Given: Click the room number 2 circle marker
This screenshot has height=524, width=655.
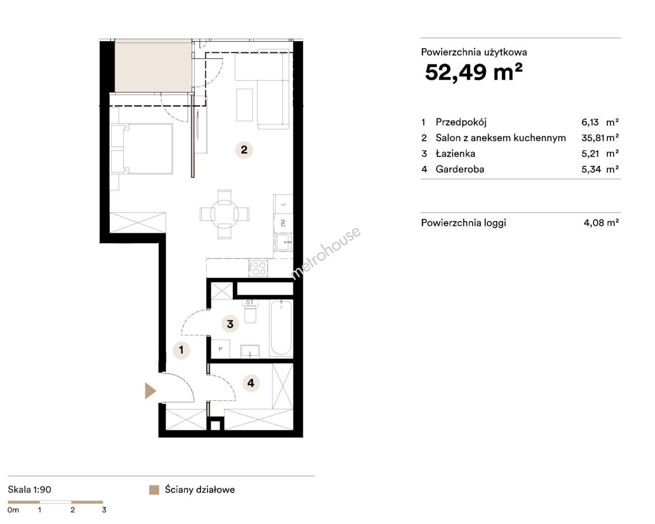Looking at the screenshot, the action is point(244,150).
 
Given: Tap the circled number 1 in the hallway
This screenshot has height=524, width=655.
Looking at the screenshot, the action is point(181,350).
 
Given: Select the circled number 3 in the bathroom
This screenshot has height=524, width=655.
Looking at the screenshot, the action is point(230,324).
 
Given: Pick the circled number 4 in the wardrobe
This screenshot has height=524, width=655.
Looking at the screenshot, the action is point(251,383).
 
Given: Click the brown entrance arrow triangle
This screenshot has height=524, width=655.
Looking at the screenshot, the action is point(150,391).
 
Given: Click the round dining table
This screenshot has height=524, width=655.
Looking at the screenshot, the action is point(224,214).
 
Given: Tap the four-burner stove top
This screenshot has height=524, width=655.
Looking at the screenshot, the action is point(258,268).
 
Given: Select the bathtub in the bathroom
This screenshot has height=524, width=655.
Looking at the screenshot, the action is point(281,328).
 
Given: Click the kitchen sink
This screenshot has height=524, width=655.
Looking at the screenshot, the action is point(283,242).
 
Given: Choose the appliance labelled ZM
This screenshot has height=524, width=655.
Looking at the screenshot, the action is point(283,223).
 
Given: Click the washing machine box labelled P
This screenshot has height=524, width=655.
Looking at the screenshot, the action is point(221,348).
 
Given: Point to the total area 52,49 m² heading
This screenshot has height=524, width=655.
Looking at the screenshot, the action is point(474,72).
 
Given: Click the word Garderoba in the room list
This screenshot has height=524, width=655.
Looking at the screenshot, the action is point(460,169).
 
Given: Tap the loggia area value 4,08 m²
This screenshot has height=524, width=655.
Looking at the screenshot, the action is point(601,223).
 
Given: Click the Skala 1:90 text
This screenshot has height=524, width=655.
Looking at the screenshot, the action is point(30,490).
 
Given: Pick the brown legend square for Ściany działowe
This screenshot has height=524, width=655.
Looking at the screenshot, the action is point(154,490).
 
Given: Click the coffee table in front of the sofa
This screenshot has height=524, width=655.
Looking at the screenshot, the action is point(245,105).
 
